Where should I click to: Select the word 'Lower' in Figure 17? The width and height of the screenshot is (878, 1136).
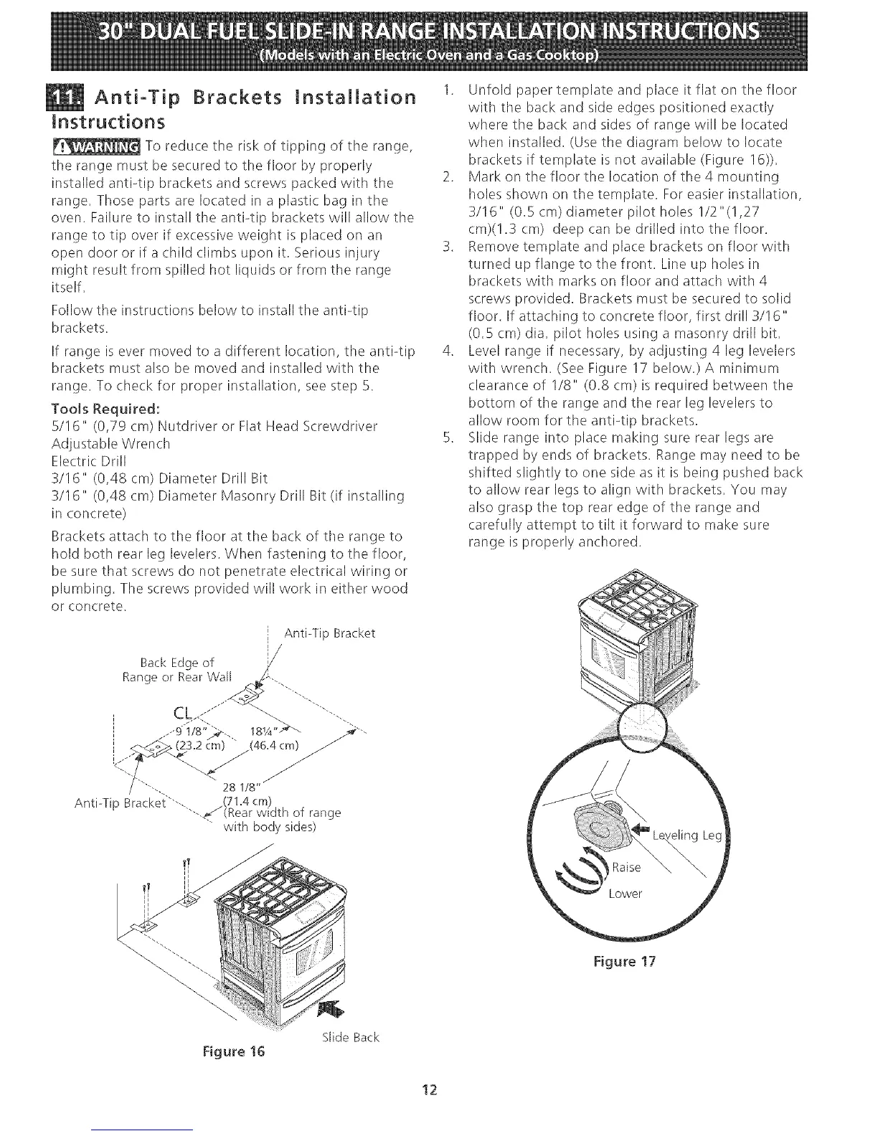[626, 894]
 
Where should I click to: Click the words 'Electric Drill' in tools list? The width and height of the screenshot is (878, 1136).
[94, 460]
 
